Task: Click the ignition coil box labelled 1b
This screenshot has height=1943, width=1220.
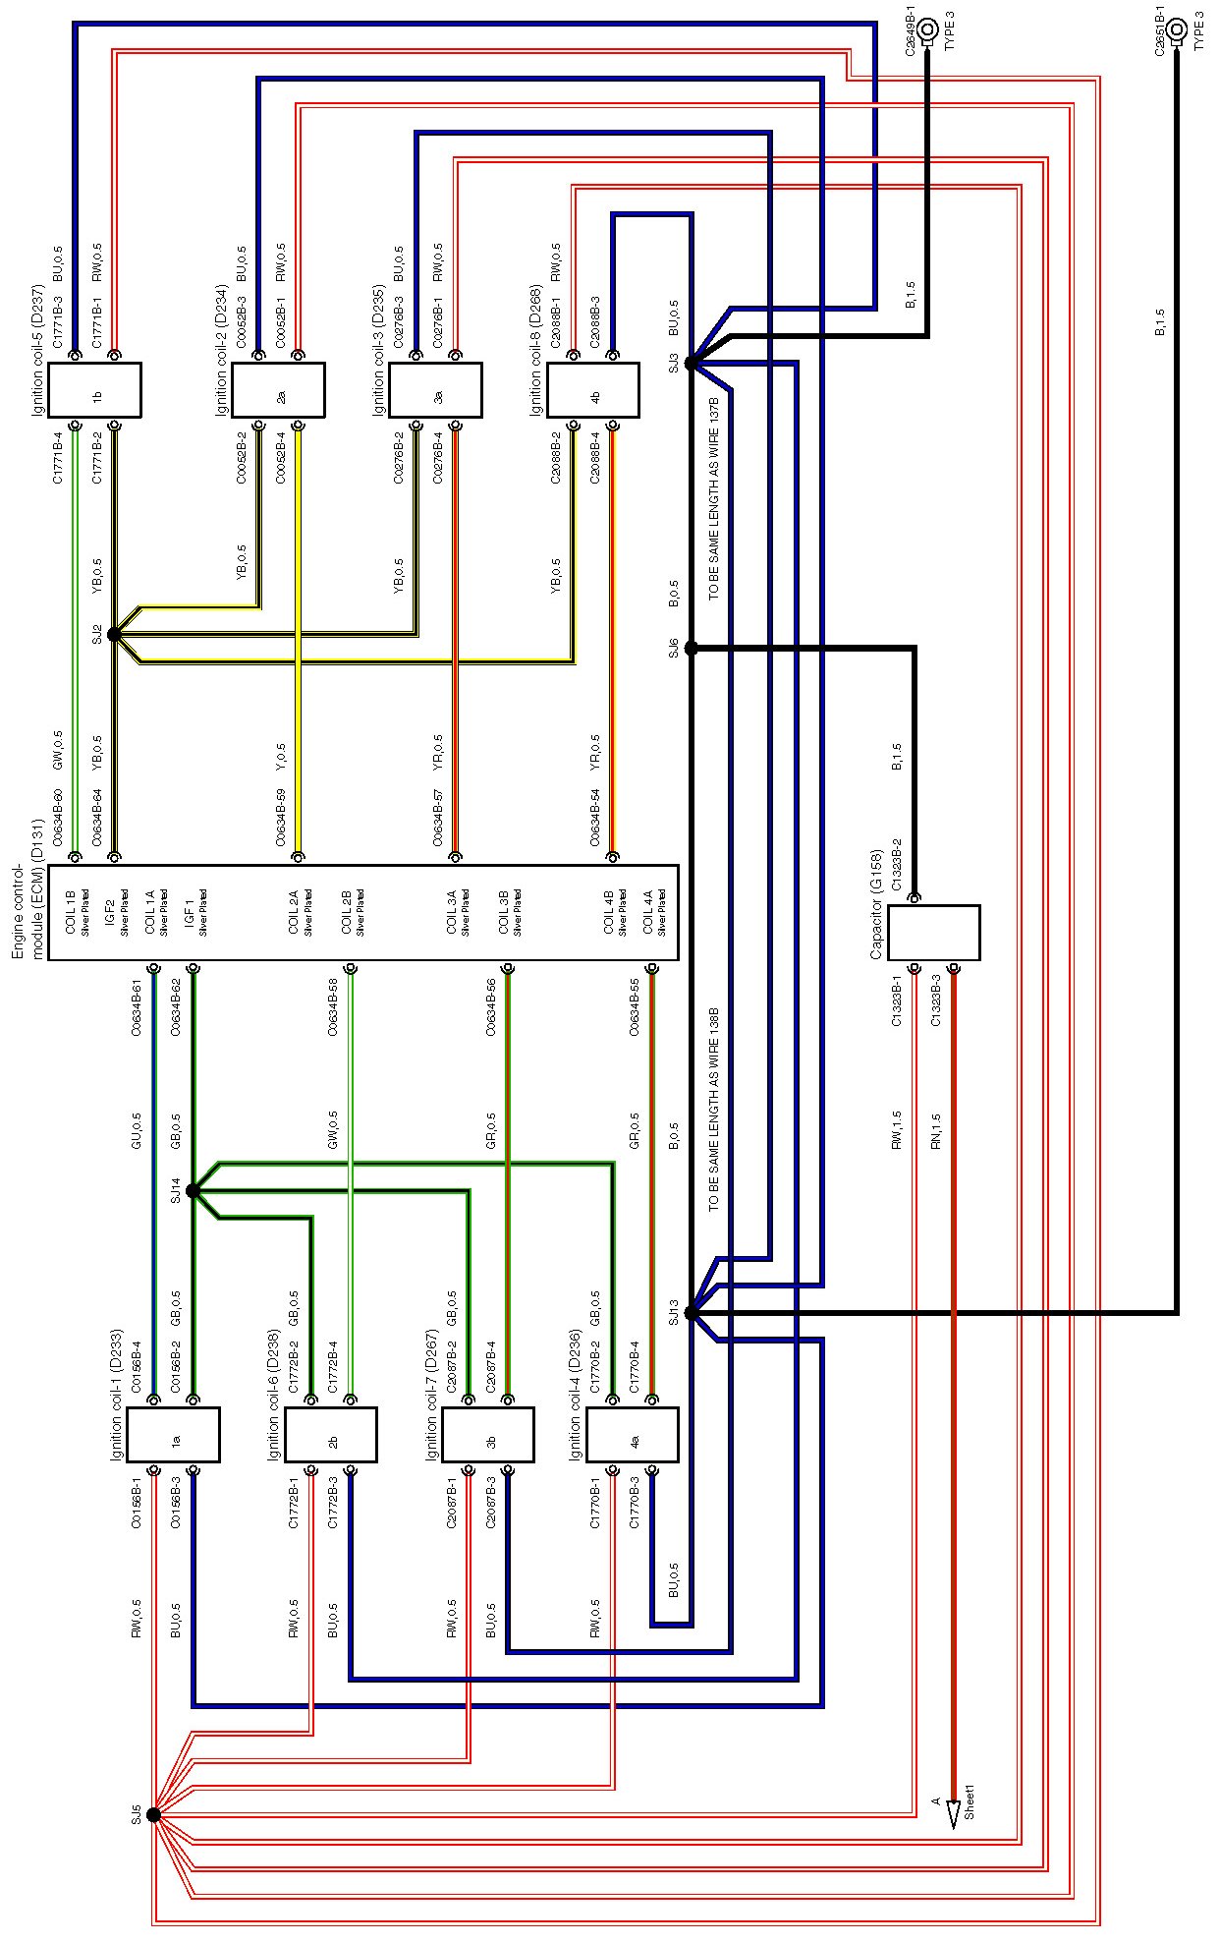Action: click(95, 390)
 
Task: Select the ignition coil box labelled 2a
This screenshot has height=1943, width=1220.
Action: click(278, 390)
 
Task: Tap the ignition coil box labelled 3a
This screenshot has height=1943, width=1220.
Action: click(435, 390)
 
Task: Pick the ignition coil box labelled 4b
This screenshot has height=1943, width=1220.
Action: click(592, 390)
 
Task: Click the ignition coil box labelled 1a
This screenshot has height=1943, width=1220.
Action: click(174, 1435)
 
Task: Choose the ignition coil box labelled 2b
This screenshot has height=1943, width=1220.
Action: click(331, 1435)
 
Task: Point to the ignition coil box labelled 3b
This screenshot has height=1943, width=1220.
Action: click(488, 1435)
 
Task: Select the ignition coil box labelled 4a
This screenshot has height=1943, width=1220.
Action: click(632, 1435)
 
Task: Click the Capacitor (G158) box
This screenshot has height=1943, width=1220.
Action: click(933, 933)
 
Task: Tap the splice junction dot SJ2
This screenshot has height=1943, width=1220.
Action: click(114, 635)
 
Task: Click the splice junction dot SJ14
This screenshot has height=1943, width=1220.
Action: click(193, 1191)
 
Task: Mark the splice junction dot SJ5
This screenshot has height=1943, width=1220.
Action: click(153, 1815)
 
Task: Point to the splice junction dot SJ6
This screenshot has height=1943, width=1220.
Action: click(691, 648)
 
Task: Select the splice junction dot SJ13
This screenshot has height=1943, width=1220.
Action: click(691, 1313)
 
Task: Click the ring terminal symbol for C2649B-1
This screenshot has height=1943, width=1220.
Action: click(926, 29)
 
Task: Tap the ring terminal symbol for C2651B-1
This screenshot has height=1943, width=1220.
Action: click(1176, 29)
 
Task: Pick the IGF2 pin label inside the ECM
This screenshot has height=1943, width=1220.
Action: click(110, 913)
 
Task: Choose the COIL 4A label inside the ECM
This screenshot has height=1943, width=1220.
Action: click(648, 913)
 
